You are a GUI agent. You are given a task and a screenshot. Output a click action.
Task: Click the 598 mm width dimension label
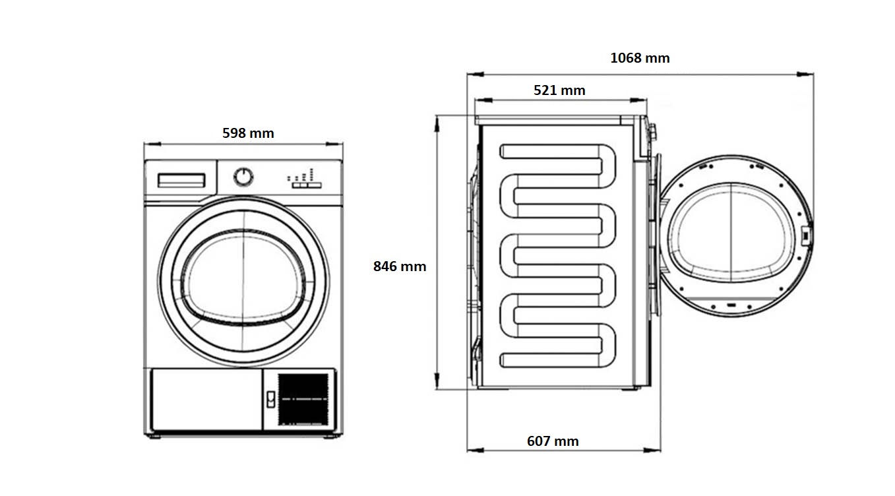248,133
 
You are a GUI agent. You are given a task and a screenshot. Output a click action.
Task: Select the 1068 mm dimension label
640,58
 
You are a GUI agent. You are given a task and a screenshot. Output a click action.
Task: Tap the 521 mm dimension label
559,90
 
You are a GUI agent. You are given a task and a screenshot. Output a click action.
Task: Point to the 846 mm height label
400,266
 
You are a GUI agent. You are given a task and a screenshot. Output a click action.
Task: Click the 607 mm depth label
553,441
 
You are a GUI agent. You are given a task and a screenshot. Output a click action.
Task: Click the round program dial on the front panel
243,176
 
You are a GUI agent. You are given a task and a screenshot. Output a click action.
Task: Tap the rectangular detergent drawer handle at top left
181,180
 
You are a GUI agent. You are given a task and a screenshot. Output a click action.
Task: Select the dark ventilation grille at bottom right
303,399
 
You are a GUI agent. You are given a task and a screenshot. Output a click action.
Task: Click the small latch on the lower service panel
270,398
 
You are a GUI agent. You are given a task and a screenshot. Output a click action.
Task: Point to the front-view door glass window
243,278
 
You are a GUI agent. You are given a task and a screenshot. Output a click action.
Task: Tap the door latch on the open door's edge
805,235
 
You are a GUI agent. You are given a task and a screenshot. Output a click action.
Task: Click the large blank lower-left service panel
206,399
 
